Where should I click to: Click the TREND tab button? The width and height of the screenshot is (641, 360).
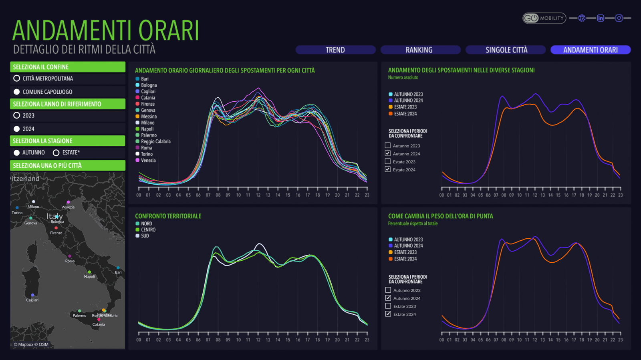point(335,50)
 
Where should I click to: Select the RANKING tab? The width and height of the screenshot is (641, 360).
point(419,50)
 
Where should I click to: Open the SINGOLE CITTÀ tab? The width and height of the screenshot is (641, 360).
point(506,50)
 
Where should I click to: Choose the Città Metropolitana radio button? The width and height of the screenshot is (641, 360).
point(17,78)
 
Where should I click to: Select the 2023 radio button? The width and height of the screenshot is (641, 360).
point(17,115)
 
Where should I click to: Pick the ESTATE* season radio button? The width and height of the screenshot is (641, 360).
point(56,153)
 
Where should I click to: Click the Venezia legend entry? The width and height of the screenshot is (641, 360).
point(148,160)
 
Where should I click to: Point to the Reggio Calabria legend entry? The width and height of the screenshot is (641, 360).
point(155,141)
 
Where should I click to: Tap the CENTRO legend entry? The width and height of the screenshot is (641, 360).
point(148,230)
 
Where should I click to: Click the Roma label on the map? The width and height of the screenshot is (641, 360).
point(70,261)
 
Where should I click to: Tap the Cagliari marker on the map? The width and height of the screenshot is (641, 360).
point(32,295)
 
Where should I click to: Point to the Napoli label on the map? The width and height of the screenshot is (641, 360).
point(89,277)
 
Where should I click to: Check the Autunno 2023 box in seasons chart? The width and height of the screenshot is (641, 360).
point(387,145)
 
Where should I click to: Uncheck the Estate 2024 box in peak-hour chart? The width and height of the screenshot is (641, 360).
point(388,314)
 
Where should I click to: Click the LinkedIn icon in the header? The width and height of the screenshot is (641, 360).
point(600,18)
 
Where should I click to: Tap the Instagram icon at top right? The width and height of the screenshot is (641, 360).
point(619,18)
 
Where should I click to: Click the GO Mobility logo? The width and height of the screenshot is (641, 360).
point(544,18)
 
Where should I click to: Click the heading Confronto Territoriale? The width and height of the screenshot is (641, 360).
point(168,216)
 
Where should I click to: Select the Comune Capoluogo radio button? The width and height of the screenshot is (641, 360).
point(17,92)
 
